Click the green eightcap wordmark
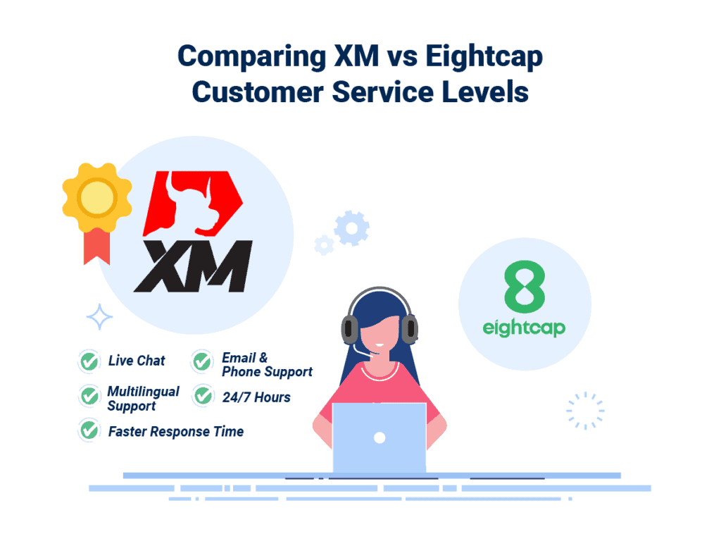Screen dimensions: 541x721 point(525,328)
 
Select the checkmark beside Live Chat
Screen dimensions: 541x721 point(89,361)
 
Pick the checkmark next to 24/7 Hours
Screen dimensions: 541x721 point(203,397)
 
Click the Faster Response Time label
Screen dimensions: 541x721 point(175,431)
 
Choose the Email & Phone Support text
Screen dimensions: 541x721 point(267,365)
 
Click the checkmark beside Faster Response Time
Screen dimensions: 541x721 point(89,430)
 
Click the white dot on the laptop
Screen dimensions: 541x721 point(380,437)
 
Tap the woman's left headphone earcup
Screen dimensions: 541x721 point(350,328)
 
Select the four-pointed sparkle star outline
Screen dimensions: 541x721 point(99,317)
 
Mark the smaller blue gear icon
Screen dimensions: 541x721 point(324,244)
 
